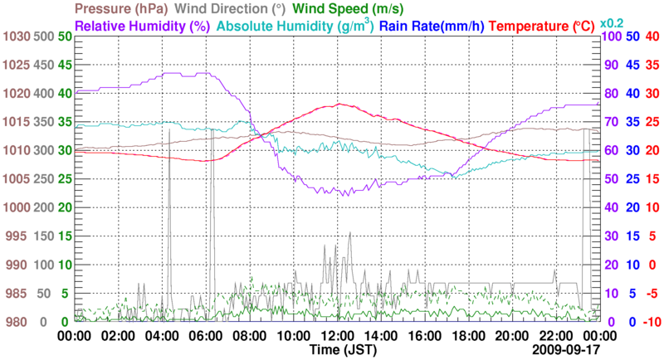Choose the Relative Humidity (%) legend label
(145, 26)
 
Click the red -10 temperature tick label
(652, 322)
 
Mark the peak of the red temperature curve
(339, 104)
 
